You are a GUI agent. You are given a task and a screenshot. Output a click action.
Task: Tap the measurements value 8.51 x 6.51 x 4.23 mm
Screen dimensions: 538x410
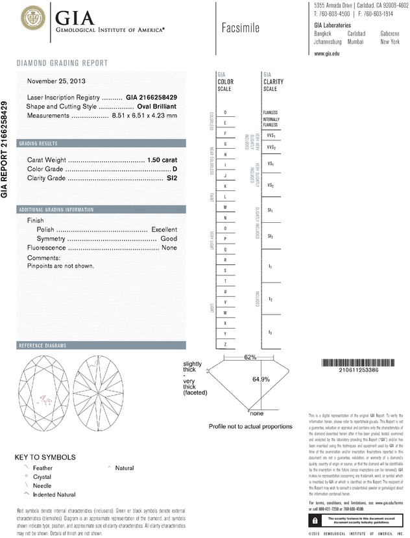(145, 115)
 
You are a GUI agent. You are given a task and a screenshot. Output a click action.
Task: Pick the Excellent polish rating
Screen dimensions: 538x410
(164, 229)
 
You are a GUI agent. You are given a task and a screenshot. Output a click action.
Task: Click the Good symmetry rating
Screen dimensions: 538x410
(169, 238)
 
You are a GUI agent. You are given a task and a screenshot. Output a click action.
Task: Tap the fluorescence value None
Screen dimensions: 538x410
(169, 248)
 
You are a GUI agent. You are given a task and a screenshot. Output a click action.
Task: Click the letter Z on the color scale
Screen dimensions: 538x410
(225, 343)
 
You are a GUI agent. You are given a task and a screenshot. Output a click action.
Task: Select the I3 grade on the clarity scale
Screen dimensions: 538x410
(271, 333)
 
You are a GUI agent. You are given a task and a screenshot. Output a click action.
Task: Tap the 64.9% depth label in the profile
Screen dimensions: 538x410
(261, 378)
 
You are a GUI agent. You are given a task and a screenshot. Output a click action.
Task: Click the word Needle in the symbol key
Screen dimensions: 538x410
(42, 485)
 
